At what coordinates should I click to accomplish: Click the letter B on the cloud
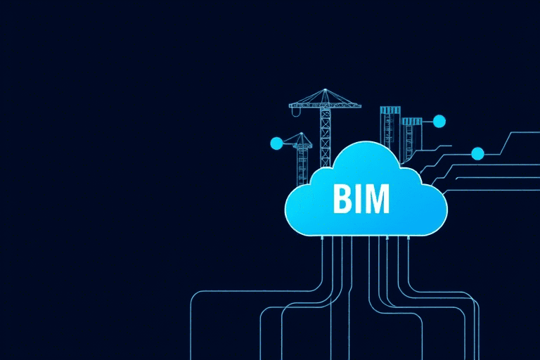(x=341, y=198)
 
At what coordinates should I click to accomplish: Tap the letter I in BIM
(x=356, y=198)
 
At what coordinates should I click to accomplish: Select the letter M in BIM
(x=376, y=198)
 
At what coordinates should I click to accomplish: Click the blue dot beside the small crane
(x=276, y=143)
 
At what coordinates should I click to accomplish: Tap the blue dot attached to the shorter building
(x=439, y=121)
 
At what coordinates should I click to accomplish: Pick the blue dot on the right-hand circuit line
(x=477, y=154)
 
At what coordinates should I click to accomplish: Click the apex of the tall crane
(x=325, y=89)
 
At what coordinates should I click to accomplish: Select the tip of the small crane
(x=302, y=134)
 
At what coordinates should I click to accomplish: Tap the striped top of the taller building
(x=390, y=110)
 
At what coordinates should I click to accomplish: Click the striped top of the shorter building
(x=412, y=121)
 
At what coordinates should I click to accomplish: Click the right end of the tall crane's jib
(x=360, y=105)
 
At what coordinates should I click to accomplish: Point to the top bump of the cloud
(x=366, y=144)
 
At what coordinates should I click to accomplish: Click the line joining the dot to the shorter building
(x=427, y=121)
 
